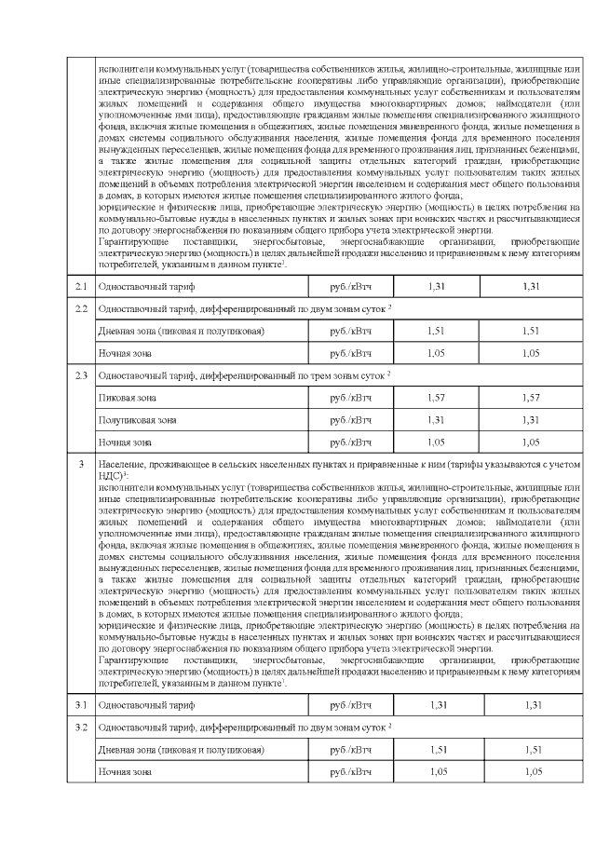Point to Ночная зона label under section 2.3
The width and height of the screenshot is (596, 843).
[125, 442]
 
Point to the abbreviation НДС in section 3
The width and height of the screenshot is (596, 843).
[109, 475]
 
